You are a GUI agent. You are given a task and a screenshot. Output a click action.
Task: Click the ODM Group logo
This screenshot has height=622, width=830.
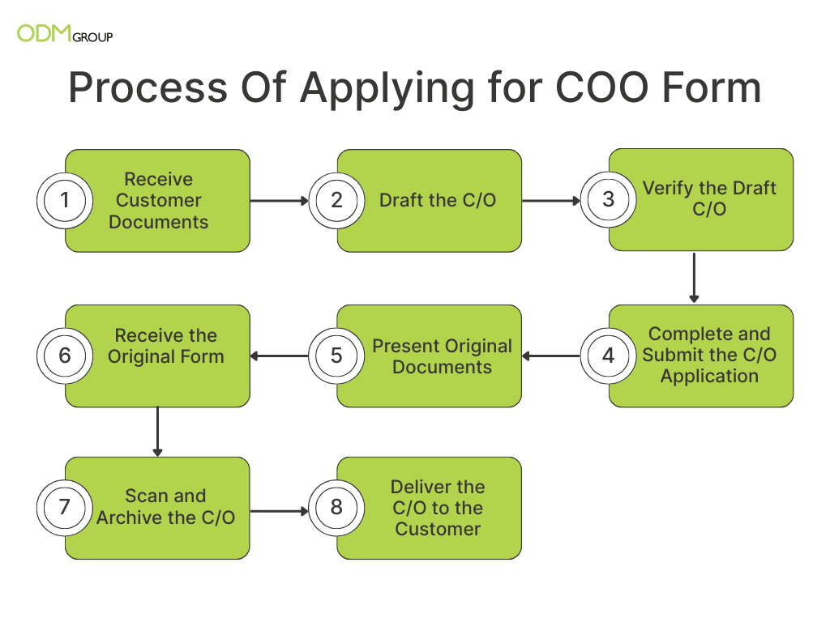(x=65, y=33)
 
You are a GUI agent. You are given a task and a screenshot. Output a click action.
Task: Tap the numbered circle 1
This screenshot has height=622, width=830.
(x=65, y=201)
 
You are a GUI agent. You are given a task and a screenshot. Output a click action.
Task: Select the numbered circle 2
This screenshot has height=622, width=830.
(x=336, y=201)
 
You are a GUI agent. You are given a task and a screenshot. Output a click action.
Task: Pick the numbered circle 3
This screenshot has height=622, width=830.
(x=609, y=199)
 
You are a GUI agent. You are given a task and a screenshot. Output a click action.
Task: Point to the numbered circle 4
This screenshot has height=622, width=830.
(x=609, y=356)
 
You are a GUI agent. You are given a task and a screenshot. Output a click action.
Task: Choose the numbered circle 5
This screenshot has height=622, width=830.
(x=336, y=356)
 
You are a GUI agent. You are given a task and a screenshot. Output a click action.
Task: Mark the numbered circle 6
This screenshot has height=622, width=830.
(x=65, y=356)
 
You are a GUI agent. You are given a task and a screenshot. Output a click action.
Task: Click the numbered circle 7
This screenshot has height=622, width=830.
(x=65, y=508)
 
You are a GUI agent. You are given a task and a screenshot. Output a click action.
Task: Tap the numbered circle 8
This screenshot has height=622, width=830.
(x=336, y=508)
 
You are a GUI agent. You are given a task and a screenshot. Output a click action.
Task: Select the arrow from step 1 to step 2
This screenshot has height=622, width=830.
(x=279, y=201)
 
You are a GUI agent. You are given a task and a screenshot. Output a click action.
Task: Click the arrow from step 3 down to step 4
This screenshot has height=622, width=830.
(x=694, y=278)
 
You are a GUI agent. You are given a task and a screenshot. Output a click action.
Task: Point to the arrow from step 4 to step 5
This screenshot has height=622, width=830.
(x=551, y=356)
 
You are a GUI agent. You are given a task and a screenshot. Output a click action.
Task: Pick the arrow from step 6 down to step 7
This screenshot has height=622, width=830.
(x=158, y=432)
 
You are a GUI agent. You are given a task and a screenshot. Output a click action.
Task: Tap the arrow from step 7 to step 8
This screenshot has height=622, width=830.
(x=279, y=512)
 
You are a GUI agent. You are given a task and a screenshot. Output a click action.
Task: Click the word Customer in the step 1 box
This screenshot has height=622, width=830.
(x=159, y=201)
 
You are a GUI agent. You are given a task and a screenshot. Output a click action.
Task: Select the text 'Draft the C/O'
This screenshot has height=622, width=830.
(x=438, y=201)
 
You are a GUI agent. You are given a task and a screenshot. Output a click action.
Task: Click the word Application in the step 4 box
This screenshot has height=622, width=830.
(x=709, y=377)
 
